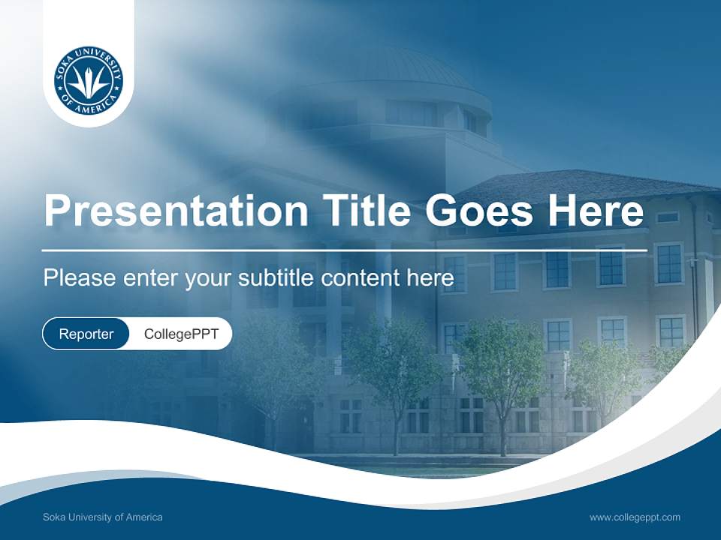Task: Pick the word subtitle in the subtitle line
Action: (276, 278)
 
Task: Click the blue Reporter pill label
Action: (86, 334)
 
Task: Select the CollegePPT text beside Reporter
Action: (181, 334)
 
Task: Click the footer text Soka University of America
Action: (103, 517)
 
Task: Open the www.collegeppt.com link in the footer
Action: (635, 517)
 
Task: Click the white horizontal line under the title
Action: (345, 250)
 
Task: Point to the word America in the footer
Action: (143, 517)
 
